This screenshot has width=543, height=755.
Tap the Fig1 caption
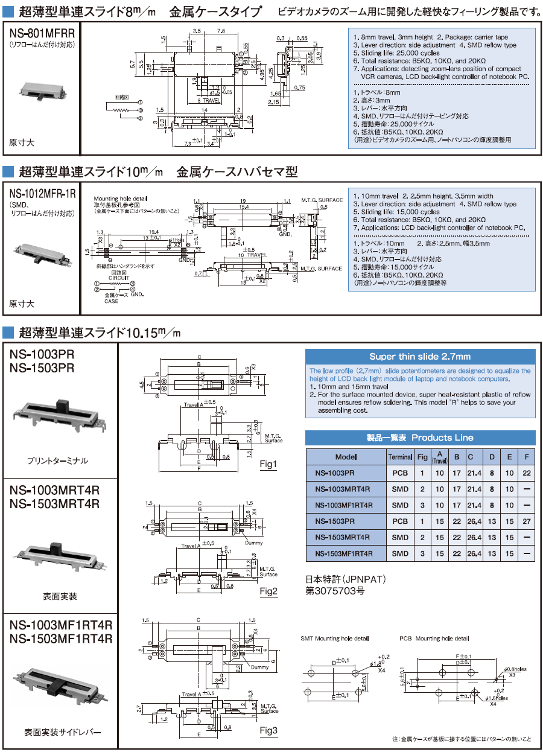coord(268,464)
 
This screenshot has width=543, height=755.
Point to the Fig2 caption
coord(268,591)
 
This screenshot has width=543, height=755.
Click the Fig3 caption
coord(268,731)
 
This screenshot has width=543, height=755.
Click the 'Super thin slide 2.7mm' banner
coord(420,357)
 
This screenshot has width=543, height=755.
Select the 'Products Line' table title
coord(420,438)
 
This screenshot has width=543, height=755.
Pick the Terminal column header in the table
coord(400,457)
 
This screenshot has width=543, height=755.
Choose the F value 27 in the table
coord(527,521)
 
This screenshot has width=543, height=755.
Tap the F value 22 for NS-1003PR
coord(527,473)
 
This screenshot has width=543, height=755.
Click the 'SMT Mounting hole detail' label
coord(334,638)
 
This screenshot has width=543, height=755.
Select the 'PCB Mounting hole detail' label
coord(434,638)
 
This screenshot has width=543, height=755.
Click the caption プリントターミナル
coord(58,460)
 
